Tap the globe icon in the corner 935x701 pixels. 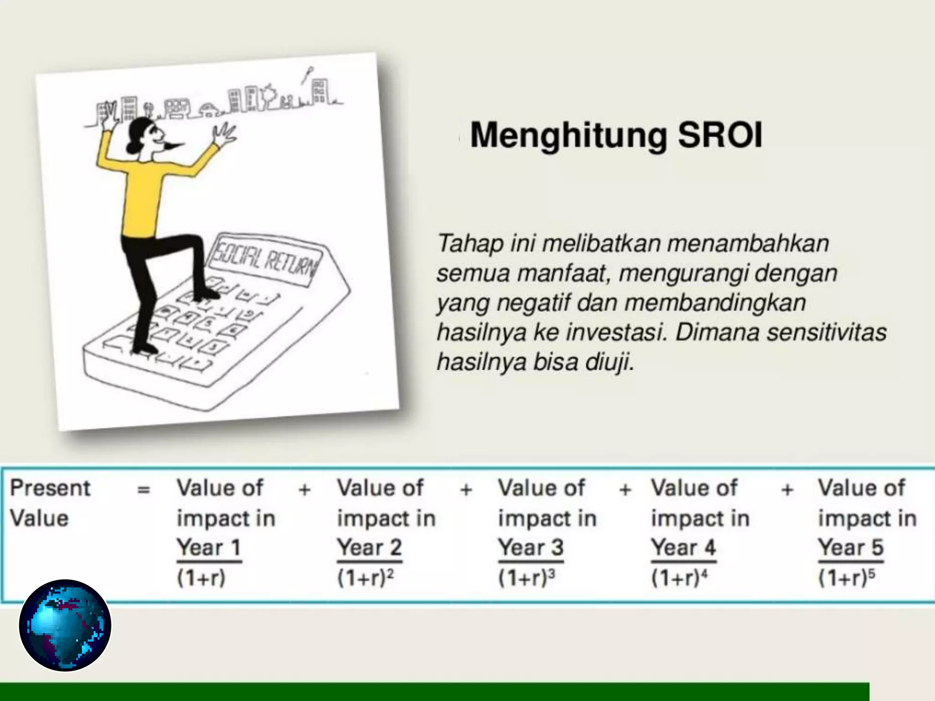(x=65, y=625)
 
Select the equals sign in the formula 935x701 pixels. (x=143, y=490)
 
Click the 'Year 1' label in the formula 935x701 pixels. (x=209, y=547)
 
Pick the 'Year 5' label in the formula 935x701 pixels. (x=851, y=547)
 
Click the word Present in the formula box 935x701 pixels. (x=50, y=488)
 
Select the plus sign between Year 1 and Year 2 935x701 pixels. (x=305, y=490)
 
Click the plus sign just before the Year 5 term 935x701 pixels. (x=787, y=490)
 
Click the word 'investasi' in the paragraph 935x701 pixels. (x=616, y=333)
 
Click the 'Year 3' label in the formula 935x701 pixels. (x=531, y=547)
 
